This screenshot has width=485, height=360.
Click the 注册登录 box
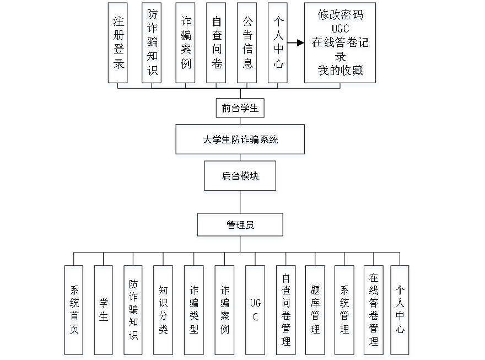[x=118, y=44]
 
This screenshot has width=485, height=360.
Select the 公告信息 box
[x=248, y=44]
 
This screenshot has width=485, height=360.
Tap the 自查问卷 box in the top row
[x=217, y=44]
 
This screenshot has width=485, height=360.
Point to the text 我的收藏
[x=341, y=72]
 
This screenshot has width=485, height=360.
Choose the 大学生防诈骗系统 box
[x=240, y=141]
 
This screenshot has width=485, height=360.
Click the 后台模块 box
[x=241, y=178]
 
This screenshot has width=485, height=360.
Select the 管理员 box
[x=241, y=227]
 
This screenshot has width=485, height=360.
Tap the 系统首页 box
[x=74, y=311]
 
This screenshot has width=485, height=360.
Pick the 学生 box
[x=104, y=311]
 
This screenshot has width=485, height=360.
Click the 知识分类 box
[x=163, y=311]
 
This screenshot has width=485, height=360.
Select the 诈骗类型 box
[x=194, y=311]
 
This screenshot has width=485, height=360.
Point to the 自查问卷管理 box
[x=286, y=311]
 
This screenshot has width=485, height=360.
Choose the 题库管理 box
[x=315, y=311]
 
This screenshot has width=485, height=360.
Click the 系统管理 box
[x=345, y=311]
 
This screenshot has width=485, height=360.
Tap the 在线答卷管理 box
[x=374, y=311]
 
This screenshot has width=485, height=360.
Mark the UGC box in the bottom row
[x=255, y=311]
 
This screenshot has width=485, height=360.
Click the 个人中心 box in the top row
[x=278, y=44]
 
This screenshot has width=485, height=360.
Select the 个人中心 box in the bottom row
[x=401, y=311]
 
